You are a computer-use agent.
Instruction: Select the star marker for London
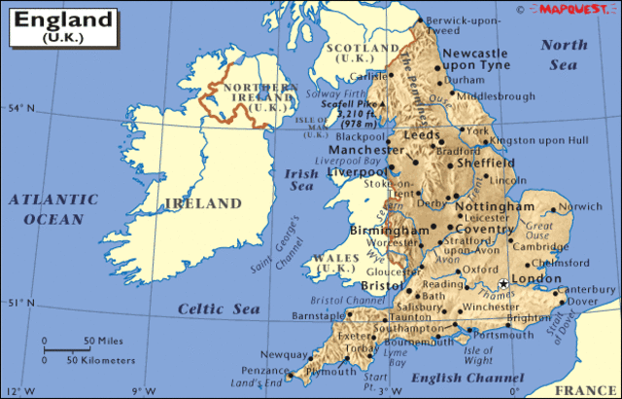(503, 283)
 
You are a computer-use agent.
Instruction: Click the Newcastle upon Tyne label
(476, 59)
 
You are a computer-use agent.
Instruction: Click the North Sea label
(564, 54)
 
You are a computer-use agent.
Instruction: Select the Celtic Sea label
(219, 308)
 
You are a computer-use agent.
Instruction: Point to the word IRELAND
(202, 204)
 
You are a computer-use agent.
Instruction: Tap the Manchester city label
(365, 151)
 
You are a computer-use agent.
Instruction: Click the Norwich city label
(580, 206)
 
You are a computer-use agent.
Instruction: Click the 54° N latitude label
(19, 107)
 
